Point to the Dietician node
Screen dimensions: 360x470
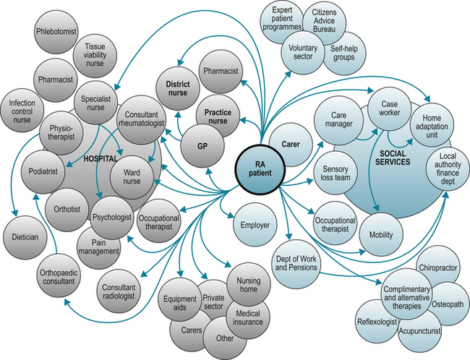(x=24, y=236)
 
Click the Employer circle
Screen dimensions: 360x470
(x=254, y=225)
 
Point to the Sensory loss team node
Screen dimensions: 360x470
(x=336, y=173)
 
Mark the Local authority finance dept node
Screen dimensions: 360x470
(x=446, y=166)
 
